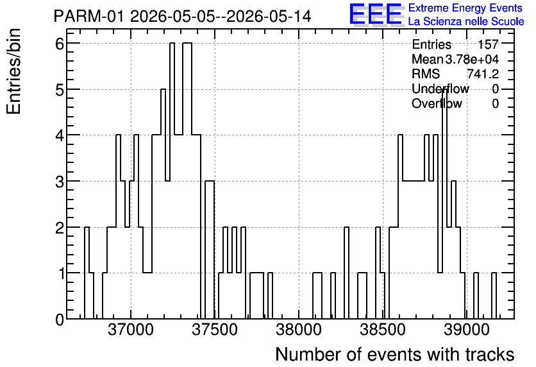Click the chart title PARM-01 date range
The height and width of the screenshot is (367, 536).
click(182, 16)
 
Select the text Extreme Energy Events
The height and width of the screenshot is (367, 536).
click(465, 8)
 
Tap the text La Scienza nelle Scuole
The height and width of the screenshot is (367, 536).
click(466, 21)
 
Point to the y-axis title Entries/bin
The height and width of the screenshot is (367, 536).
click(13, 71)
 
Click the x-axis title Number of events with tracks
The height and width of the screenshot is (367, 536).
click(395, 354)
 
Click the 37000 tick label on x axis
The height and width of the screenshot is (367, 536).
click(131, 330)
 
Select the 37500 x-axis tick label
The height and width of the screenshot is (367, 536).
click(215, 330)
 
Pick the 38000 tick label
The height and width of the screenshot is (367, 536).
click(299, 330)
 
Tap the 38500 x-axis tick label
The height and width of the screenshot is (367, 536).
click(383, 330)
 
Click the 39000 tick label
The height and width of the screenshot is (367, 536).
click(467, 330)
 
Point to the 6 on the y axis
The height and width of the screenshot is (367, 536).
click(60, 44)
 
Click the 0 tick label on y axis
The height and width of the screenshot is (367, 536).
click(60, 320)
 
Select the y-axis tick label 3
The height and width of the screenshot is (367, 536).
click(60, 182)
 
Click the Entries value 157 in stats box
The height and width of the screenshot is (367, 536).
click(488, 44)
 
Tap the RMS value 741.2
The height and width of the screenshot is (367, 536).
click(483, 74)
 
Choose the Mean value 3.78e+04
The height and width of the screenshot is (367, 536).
click(472, 59)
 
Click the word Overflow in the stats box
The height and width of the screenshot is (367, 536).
click(437, 103)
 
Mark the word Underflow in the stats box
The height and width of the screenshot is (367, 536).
click(440, 89)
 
